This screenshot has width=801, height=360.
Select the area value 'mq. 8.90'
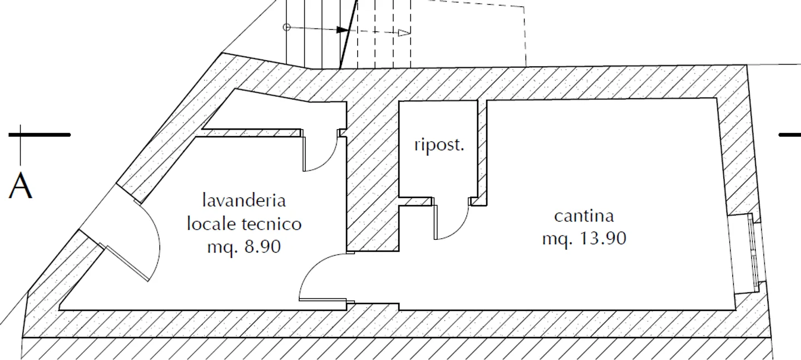pyautogui.click(x=244, y=247)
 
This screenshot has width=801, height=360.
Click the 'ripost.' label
pyautogui.click(x=439, y=146)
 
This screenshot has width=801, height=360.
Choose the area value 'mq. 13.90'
pyautogui.click(x=584, y=239)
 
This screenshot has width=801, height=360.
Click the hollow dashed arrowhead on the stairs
pyautogui.click(x=404, y=32)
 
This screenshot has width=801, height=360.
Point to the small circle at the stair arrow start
pyautogui.click(x=286, y=27)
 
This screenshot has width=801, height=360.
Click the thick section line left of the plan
pyautogui.click(x=39, y=135)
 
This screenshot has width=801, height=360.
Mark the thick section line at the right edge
pyautogui.click(x=789, y=135)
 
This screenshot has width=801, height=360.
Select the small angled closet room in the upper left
pyautogui.click(x=267, y=114)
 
